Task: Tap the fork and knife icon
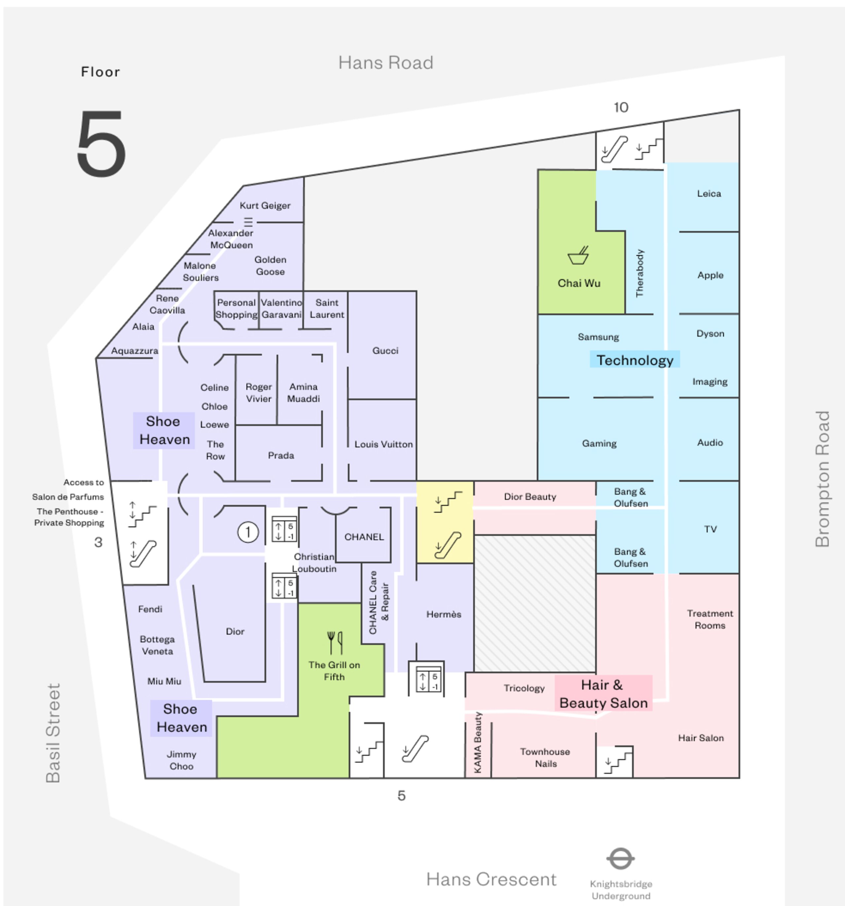click(x=335, y=642)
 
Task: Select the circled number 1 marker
click(x=248, y=532)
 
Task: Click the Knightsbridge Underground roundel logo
click(x=620, y=858)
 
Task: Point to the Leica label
click(x=709, y=194)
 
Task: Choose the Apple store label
click(x=710, y=275)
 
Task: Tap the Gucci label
click(x=385, y=351)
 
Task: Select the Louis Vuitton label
click(x=383, y=444)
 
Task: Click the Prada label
click(x=281, y=455)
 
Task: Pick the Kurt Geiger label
click(x=265, y=206)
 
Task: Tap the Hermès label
click(x=444, y=614)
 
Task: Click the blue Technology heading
click(x=634, y=360)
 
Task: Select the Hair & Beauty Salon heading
click(x=603, y=694)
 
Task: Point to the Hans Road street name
click(x=386, y=63)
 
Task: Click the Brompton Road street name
click(x=822, y=479)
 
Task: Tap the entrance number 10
click(x=621, y=108)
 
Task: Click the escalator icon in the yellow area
click(x=447, y=545)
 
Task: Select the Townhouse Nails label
click(x=545, y=757)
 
